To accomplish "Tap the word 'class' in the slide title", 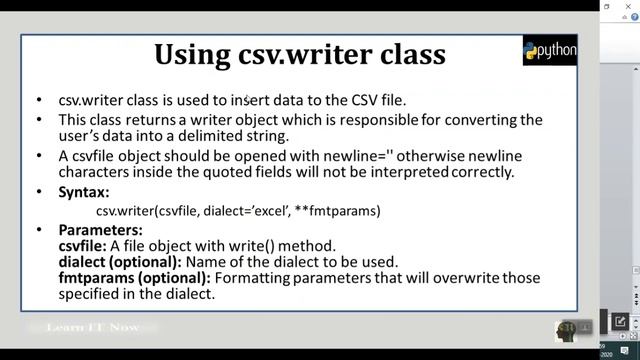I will pos(411,55).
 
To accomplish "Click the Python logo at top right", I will pos(549,51).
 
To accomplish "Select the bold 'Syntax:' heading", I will pos(84,191).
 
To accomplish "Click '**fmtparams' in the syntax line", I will pos(344,211).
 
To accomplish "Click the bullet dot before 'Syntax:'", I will pos(38,191).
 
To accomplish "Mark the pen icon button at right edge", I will pos(620,322).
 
